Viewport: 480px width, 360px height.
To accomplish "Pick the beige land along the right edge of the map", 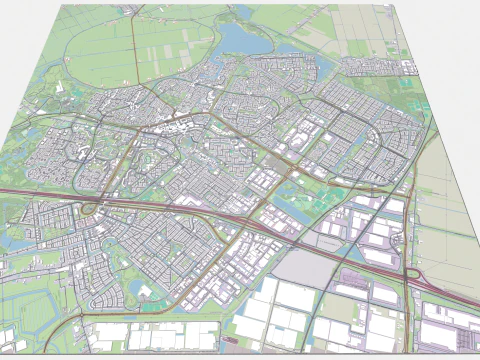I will [x=445, y=200].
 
